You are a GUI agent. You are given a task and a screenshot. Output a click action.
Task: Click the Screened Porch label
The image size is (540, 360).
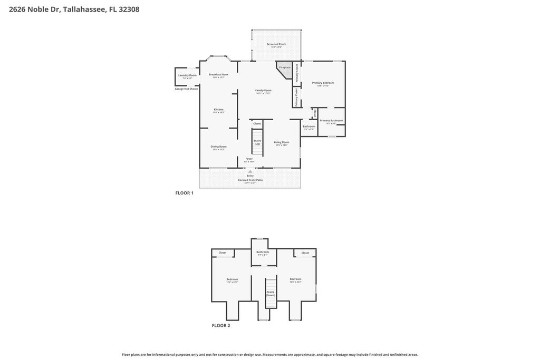(x=276, y=44)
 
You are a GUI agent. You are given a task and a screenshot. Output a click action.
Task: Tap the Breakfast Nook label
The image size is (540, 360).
(x=218, y=75)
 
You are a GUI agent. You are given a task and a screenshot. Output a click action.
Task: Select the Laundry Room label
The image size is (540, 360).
(x=187, y=75)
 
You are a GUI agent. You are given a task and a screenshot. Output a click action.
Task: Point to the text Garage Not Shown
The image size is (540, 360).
(x=186, y=89)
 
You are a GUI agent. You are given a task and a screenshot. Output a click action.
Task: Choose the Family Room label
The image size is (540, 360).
(x=263, y=90)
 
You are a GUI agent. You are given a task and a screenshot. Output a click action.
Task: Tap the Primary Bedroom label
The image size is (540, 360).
(x=323, y=83)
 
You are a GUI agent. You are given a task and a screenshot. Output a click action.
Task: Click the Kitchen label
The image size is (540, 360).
(x=218, y=110)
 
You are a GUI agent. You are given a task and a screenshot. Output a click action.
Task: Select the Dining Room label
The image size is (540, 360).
(x=218, y=147)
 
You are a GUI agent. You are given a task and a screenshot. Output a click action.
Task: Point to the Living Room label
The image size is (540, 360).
(x=282, y=142)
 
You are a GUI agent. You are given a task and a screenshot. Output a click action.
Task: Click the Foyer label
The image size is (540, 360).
(x=249, y=159)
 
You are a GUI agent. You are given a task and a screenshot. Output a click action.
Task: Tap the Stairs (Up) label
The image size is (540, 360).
(x=257, y=142)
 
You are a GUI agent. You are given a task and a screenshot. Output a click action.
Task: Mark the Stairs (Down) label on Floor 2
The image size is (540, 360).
(x=271, y=293)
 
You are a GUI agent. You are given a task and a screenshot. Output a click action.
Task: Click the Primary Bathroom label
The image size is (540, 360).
(x=331, y=121)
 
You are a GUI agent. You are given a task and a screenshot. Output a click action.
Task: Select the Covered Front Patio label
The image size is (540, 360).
(x=250, y=180)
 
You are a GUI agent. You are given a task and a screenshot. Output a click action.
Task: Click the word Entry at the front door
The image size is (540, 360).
(x=250, y=176)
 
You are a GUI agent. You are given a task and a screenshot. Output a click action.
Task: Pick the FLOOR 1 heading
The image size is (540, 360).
(x=184, y=193)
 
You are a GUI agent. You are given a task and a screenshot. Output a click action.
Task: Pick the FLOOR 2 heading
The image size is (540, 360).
(x=221, y=325)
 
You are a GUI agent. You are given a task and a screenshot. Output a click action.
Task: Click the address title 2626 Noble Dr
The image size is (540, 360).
(x=74, y=9)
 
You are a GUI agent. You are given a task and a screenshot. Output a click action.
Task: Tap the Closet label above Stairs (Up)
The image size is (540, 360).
(x=257, y=123)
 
